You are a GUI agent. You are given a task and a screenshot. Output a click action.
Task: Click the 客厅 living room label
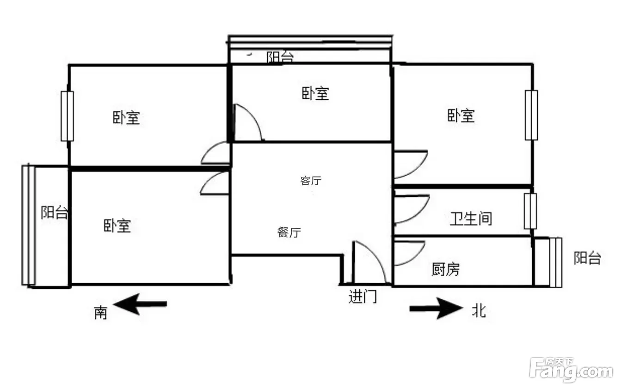tap(311, 181)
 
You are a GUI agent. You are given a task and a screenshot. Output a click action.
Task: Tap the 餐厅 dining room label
tap(289, 232)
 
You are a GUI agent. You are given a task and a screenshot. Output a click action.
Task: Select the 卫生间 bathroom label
tap(471, 219)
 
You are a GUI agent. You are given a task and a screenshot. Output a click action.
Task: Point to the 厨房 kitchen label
tap(445, 269)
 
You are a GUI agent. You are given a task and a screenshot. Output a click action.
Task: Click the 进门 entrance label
tap(363, 296)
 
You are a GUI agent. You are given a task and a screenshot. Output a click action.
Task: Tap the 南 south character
tap(100, 313)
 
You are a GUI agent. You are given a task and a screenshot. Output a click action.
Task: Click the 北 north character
tap(479, 310)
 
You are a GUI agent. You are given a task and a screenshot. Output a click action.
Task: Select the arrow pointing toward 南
tap(140, 304)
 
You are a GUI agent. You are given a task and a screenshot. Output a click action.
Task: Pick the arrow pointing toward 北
tap(436, 308)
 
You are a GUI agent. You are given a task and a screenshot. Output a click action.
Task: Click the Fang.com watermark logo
tap(571, 370)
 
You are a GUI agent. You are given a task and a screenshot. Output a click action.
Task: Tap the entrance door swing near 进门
tap(369, 262)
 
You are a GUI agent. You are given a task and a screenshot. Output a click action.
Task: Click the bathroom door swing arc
tap(412, 209)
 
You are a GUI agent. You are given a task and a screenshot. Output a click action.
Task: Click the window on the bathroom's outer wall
tap(531, 211)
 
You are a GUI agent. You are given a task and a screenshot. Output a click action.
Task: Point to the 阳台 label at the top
tap(280, 57)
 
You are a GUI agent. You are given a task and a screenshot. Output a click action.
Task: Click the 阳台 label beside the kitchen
tap(587, 258)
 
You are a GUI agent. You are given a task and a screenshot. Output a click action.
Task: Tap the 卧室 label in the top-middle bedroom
tap(315, 93)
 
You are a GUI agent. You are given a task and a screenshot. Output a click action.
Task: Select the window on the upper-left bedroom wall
tap(68, 116)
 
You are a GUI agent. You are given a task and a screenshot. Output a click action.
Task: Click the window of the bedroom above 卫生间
tap(531, 115)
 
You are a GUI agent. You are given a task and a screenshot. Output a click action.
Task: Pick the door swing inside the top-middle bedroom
tap(248, 122)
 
